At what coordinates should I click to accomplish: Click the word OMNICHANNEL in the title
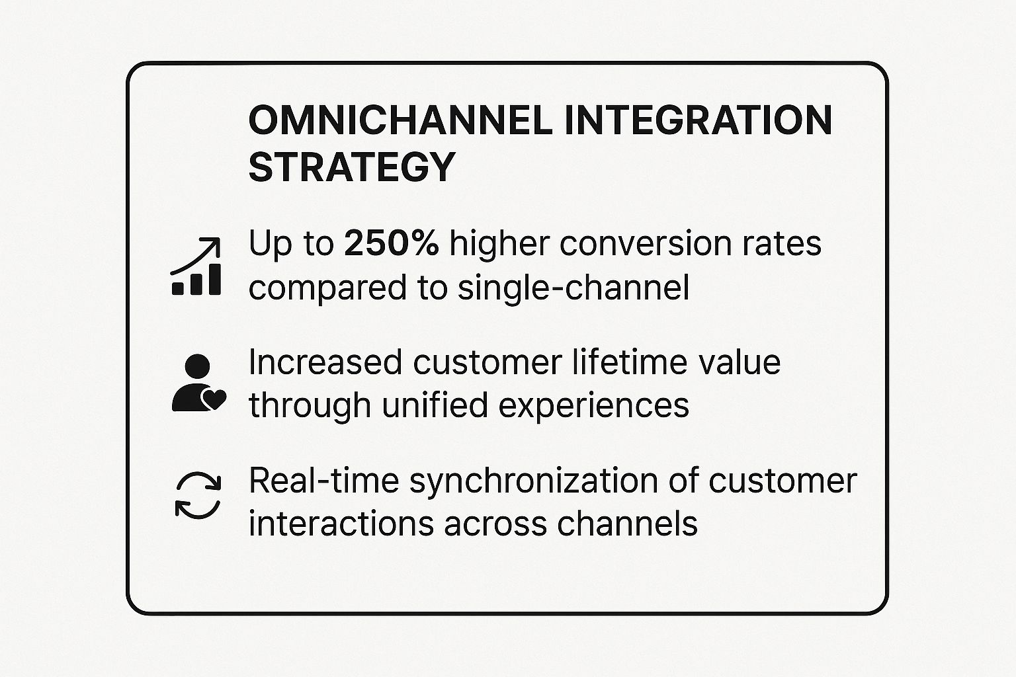pos(401,120)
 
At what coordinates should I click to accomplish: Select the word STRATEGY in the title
pos(351,167)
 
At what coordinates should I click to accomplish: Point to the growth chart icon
pos(196,266)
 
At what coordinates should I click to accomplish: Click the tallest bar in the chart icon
pos(214,279)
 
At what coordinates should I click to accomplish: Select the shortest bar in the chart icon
pos(178,289)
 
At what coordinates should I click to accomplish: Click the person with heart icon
pos(198,383)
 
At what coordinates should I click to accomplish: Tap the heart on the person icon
pos(213,399)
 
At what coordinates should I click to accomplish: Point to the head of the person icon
pos(197,366)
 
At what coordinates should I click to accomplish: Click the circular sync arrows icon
pos(198,496)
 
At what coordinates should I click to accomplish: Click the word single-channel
pos(573,288)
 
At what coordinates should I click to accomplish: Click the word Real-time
pos(324,481)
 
